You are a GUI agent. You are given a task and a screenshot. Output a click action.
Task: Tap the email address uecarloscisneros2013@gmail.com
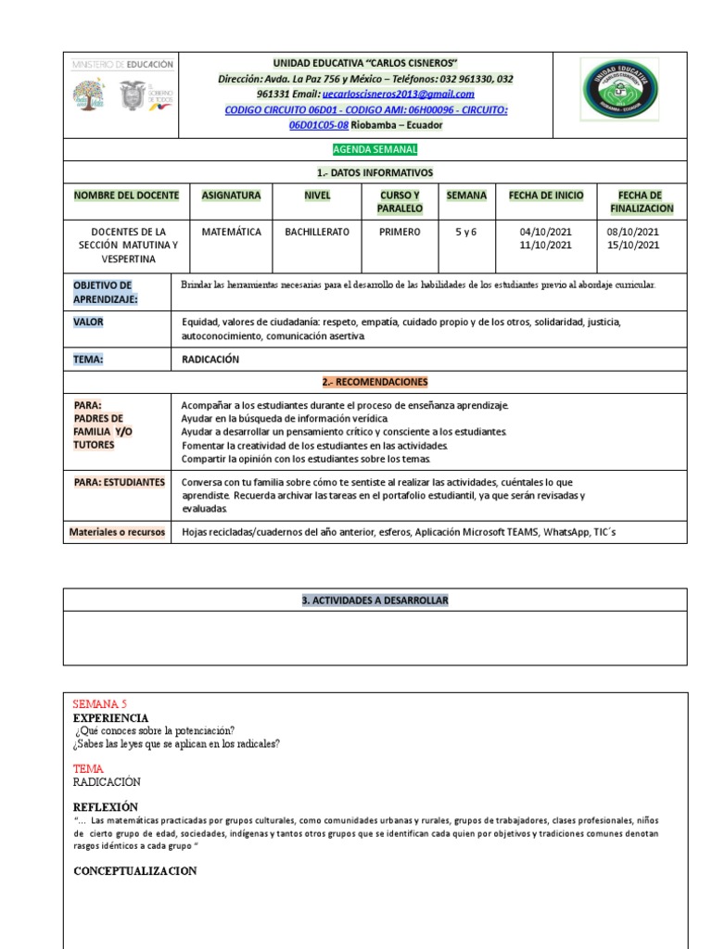pos(398,94)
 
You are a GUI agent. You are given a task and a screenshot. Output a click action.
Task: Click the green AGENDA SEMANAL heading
pos(375,149)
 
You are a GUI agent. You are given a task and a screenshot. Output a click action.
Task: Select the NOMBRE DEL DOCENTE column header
pos(120,196)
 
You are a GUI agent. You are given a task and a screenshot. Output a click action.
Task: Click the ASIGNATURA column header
pos(231,196)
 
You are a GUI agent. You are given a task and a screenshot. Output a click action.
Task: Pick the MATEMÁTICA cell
pos(231,232)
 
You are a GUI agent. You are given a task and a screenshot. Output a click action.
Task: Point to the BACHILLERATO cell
pos(317,232)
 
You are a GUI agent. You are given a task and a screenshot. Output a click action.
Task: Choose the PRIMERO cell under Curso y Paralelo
pos(400,232)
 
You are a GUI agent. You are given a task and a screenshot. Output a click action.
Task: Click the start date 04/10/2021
pos(546,232)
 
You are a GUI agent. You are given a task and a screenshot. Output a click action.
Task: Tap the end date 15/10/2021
pos(632,245)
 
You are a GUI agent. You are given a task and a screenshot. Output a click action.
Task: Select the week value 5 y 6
pos(465,232)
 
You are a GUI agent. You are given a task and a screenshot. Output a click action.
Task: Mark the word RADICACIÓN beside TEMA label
pos(210,360)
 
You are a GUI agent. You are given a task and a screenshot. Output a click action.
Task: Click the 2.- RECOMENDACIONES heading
pos(375,382)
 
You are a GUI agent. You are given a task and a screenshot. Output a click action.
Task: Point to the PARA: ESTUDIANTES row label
pos(120,482)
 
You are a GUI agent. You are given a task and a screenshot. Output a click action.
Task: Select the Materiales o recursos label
pos(117,532)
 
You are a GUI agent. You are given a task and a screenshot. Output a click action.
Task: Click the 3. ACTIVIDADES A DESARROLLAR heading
pos(375,601)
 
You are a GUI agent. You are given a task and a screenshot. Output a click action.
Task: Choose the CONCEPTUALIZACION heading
pos(134,871)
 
